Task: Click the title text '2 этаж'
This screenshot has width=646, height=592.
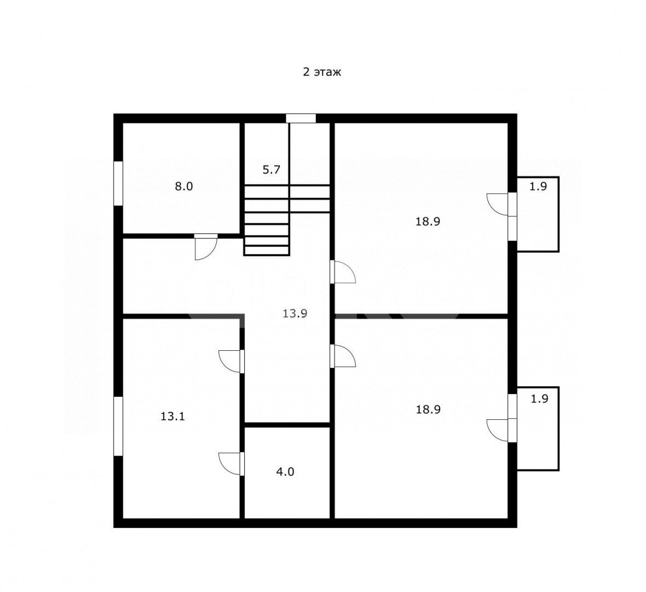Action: point(322,72)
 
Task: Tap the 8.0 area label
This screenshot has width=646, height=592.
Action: point(184,186)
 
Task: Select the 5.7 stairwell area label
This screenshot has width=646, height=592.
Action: point(272,169)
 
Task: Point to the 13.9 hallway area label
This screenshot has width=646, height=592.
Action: point(295,314)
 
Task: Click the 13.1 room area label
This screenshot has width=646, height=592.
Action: point(172,417)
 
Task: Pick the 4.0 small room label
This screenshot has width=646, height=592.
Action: point(285,471)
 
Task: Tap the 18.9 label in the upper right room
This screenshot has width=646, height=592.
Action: point(428,221)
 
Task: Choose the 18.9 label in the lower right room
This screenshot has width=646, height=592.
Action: point(428,409)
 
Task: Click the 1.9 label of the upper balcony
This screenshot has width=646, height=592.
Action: point(538,186)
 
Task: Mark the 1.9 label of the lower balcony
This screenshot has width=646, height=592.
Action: point(539,399)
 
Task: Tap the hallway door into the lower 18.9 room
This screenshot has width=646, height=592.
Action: point(343,356)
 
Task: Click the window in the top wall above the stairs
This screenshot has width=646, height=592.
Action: point(301,118)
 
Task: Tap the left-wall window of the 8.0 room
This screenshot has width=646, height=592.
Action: point(118,183)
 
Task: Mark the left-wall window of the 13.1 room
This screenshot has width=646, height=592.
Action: point(118,426)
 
